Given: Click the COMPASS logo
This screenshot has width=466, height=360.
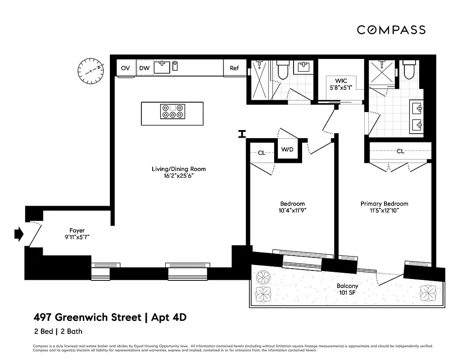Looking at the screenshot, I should click(391, 30).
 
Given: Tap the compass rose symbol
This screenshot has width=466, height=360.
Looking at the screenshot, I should click(90, 71).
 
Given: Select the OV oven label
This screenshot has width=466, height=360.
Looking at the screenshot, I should click(125, 68).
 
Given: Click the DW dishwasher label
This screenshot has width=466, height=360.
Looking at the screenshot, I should click(144, 68).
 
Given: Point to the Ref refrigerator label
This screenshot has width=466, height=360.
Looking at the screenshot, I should click(234, 68).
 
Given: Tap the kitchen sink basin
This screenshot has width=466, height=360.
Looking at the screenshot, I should click(162, 67).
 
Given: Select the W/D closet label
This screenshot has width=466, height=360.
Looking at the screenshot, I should click(287, 149).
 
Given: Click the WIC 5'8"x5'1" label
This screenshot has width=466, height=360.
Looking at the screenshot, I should click(340, 85).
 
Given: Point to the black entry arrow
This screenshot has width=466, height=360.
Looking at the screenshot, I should click(18, 234).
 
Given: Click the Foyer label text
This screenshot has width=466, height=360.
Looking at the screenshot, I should click(77, 230).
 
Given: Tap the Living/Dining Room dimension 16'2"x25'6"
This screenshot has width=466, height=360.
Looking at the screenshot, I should click(179, 176).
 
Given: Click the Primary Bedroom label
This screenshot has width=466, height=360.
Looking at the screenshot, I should click(384, 204).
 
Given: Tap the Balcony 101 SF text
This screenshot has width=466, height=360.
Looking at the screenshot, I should click(347, 289).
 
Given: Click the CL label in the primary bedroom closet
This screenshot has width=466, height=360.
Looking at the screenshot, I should click(400, 151).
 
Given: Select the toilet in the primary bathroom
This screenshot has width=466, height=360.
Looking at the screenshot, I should click(409, 70).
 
